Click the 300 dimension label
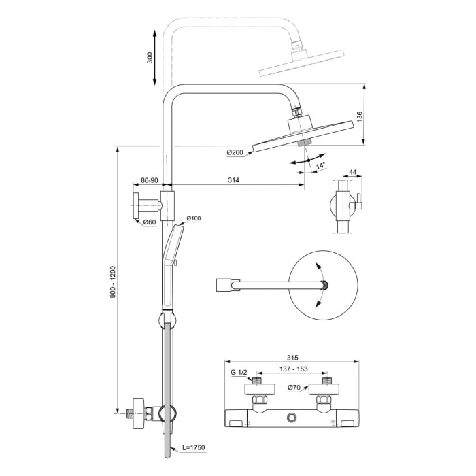pyautogui.click(x=150, y=57)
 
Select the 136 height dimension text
pyautogui.click(x=360, y=117)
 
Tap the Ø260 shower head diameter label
pyautogui.click(x=235, y=152)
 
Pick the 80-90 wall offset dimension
pyautogui.click(x=149, y=181)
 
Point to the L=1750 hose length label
pyautogui.click(x=193, y=447)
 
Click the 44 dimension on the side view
pyautogui.click(x=352, y=172)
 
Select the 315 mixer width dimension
pyautogui.click(x=293, y=356)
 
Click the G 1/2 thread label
pyautogui.click(x=239, y=373)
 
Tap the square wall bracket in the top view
pyautogui.click(x=223, y=286)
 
